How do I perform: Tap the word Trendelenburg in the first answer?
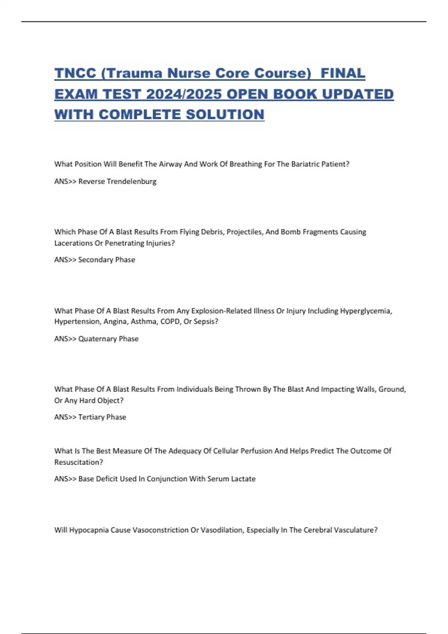pos(131,182)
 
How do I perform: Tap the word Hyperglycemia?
pos(365,311)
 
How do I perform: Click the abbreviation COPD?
pos(170,322)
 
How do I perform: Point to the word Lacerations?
pos(74,243)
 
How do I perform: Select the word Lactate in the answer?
pos(243,479)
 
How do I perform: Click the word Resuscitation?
pos(78,462)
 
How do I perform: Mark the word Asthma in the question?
pos(143,322)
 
